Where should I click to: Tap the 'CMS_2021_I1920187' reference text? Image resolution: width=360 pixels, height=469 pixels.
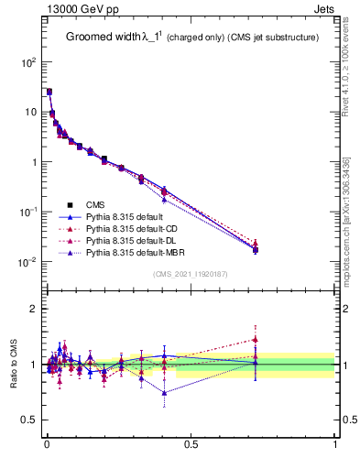coord(191,274)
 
